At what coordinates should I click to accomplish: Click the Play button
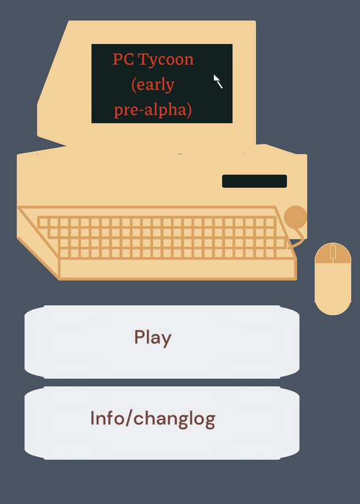pyautogui.click(x=162, y=341)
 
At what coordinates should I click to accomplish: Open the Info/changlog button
pyautogui.click(x=162, y=423)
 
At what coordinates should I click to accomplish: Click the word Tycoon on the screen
pyautogui.click(x=166, y=59)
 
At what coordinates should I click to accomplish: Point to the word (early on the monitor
pyautogui.click(x=153, y=85)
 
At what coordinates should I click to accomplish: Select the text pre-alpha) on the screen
pyautogui.click(x=153, y=110)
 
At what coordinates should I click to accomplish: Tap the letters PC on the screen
pyautogui.click(x=123, y=59)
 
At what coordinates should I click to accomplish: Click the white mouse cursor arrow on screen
pyautogui.click(x=218, y=81)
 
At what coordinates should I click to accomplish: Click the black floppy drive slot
pyautogui.click(x=254, y=181)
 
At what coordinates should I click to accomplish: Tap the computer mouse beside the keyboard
pyautogui.click(x=333, y=278)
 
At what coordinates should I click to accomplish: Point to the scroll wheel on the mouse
pyautogui.click(x=333, y=251)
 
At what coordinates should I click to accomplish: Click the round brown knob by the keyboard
pyautogui.click(x=295, y=217)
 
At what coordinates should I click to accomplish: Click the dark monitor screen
pyautogui.click(x=162, y=84)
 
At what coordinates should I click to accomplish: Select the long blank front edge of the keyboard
pyautogui.click(x=177, y=268)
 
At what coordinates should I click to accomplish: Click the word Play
pyautogui.click(x=153, y=338)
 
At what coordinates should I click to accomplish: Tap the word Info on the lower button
pyautogui.click(x=107, y=418)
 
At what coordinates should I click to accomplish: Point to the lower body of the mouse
pyautogui.click(x=333, y=289)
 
